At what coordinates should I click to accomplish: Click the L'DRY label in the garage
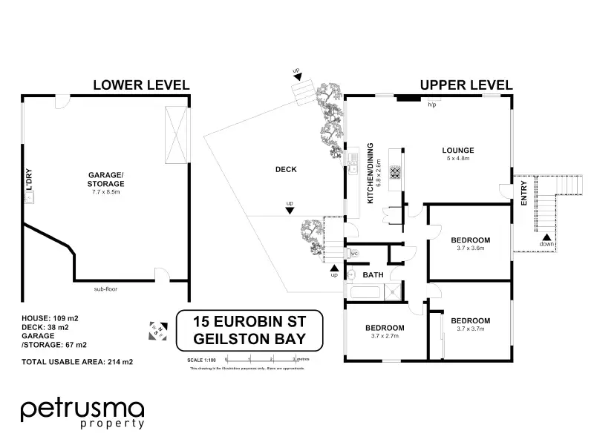coord(30,180)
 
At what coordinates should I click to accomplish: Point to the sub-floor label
coord(108,289)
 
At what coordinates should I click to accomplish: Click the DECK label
coord(286,169)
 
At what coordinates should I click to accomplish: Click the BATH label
coord(373,275)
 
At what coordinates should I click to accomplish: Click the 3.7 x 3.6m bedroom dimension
coord(471,248)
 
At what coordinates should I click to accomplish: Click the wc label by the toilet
coord(354,254)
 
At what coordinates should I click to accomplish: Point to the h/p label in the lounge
coord(431,105)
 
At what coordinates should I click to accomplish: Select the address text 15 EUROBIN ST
coord(249,321)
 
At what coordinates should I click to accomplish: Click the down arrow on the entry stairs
coord(546,236)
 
